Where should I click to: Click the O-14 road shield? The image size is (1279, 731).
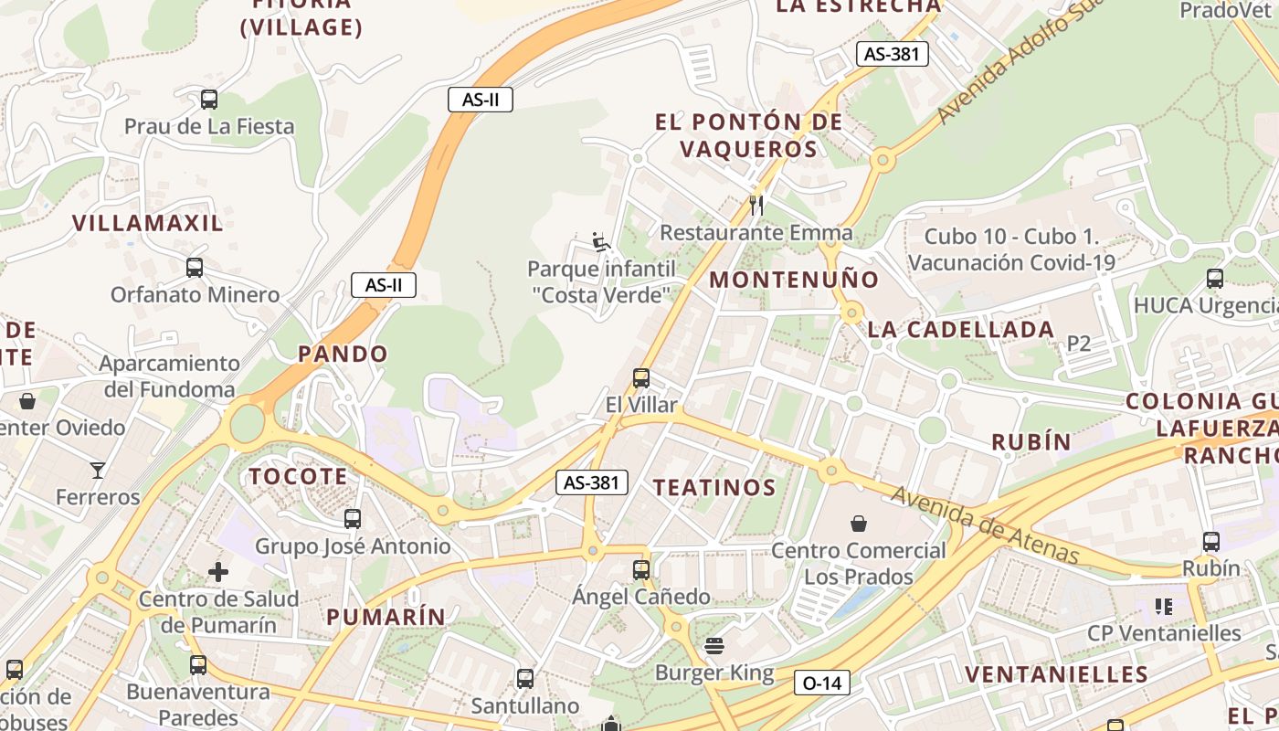point(821,683)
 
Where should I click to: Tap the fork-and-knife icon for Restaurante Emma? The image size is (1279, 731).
point(756,205)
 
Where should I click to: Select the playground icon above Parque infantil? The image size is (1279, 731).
point(601,241)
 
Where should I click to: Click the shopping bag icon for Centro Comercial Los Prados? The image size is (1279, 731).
point(859,524)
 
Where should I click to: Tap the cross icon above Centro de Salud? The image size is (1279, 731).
point(218,572)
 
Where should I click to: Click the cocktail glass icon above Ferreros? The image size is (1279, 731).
point(98,471)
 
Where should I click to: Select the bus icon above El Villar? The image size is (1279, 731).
point(641,377)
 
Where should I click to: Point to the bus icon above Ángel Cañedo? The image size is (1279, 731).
point(641,570)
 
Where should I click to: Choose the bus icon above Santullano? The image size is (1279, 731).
point(524,679)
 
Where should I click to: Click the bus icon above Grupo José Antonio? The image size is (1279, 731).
point(353,519)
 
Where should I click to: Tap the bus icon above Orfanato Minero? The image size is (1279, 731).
point(195,268)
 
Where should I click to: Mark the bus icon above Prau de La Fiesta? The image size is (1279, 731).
point(209,100)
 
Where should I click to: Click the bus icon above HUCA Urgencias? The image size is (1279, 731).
point(1214,279)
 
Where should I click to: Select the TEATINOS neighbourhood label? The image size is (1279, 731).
point(714,488)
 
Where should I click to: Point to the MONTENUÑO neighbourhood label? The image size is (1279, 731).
point(794,280)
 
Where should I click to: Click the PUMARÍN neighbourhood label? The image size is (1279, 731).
point(386,617)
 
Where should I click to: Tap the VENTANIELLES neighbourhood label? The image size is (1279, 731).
point(1056,675)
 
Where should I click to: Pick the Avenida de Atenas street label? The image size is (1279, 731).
point(985,524)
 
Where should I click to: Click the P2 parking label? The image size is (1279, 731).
point(1079,344)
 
